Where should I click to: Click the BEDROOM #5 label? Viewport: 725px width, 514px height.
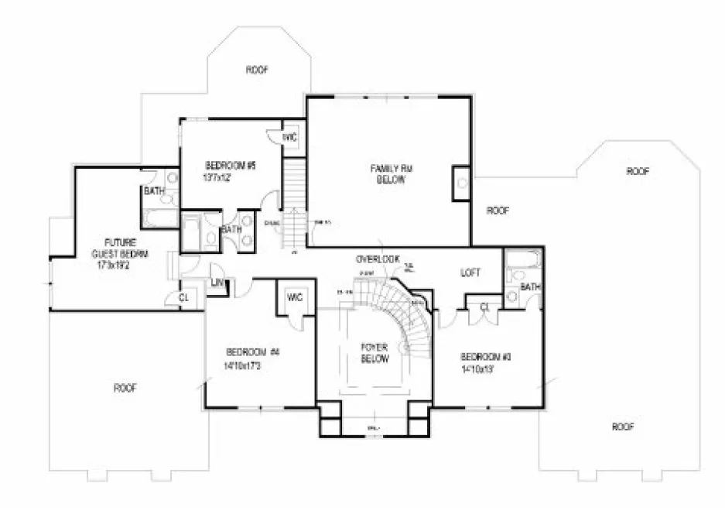point(230,165)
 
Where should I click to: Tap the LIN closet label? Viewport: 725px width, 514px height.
point(217,283)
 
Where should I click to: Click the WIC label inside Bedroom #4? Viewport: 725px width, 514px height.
point(294,296)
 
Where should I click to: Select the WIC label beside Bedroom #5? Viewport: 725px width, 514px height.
point(290,137)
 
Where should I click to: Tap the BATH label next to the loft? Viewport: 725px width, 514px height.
point(529,286)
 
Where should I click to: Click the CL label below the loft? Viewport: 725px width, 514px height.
point(485,307)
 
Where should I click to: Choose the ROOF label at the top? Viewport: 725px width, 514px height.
point(257,70)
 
